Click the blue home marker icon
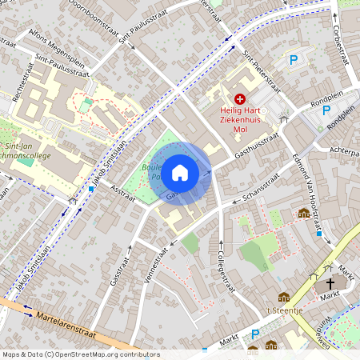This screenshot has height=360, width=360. (180, 172)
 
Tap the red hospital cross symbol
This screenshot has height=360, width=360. (240, 98)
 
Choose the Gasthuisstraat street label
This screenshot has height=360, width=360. (254, 146)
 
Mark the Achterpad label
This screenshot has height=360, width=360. (345, 150)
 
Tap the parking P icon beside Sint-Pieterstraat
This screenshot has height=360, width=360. (294, 59)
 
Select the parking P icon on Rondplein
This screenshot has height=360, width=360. (326, 110)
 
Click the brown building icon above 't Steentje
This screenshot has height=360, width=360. (283, 298)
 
